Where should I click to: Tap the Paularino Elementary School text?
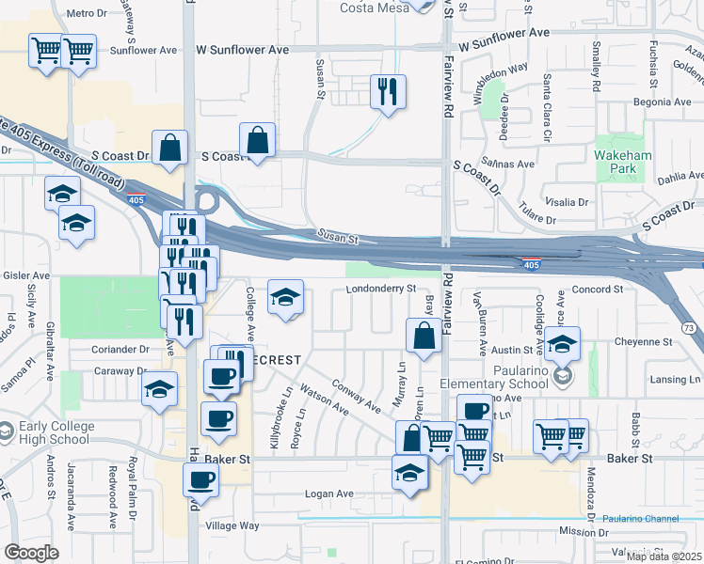495,384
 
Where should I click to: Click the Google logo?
31,553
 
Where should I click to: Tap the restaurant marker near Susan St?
388,92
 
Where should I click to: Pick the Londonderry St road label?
381,289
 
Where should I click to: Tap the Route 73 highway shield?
690,327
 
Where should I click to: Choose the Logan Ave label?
328,493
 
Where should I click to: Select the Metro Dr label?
88,13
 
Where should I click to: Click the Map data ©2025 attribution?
664,556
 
